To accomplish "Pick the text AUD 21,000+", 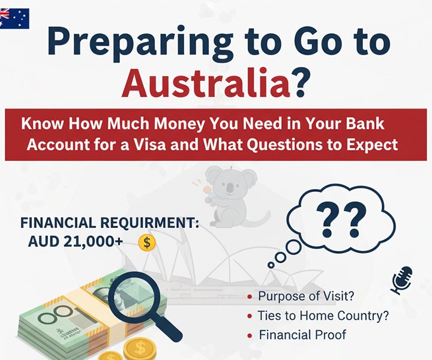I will point(76,242).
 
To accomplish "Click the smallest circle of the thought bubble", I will point(271,264).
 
